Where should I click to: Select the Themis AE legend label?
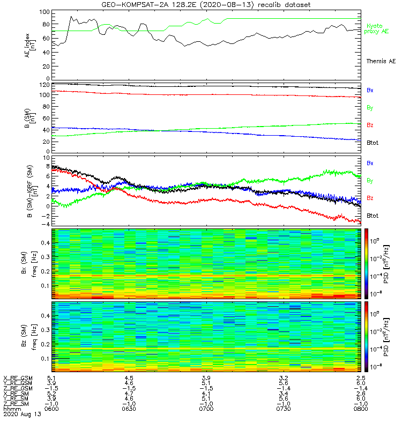tap(381, 62)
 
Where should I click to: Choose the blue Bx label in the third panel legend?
tap(370, 162)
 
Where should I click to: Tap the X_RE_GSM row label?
tap(18, 378)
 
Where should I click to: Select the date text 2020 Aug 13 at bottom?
tap(21, 415)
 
